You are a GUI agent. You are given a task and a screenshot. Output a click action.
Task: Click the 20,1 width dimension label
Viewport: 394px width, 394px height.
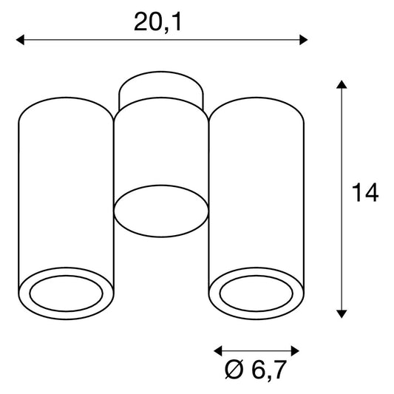point(157,23)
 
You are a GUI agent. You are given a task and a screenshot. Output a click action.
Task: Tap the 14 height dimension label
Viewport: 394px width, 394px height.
point(365,193)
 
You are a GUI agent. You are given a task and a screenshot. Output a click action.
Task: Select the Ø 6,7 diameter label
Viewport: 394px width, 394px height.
point(256,370)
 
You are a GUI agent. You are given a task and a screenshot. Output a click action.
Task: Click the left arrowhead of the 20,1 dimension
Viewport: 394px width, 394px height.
point(20,40)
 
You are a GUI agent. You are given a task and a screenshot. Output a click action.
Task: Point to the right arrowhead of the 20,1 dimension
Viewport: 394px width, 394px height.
point(304,40)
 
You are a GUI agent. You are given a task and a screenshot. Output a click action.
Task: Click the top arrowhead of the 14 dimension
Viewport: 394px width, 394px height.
point(342,84)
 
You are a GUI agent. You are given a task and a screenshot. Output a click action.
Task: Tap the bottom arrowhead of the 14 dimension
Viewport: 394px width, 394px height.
point(342,314)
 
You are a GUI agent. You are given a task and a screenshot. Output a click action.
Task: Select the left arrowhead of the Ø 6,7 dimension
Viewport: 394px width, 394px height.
point(218,351)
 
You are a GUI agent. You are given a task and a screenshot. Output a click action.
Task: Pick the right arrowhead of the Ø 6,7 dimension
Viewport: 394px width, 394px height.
point(295,351)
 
